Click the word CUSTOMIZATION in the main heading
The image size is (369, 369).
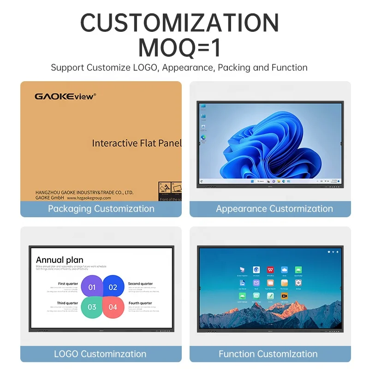click(x=180, y=23)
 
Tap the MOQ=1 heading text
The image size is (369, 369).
click(x=180, y=48)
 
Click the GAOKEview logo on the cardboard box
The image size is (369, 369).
click(x=65, y=96)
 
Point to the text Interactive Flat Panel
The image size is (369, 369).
click(x=137, y=143)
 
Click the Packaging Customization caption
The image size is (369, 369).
click(x=101, y=208)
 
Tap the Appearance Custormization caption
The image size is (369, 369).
click(x=274, y=208)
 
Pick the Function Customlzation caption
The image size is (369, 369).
click(x=268, y=354)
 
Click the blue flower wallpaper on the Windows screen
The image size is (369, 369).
click(x=272, y=143)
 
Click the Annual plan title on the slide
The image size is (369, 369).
click(x=60, y=260)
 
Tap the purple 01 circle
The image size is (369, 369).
click(x=92, y=287)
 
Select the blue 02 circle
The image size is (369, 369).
click(x=113, y=287)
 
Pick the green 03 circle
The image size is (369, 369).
click(x=92, y=307)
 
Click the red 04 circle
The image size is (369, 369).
click(x=113, y=307)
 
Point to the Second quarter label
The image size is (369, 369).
click(x=140, y=284)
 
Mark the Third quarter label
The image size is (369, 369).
click(x=67, y=303)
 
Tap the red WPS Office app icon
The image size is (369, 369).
click(x=270, y=269)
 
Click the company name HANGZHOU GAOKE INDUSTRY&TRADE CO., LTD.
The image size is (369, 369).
click(x=84, y=192)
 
